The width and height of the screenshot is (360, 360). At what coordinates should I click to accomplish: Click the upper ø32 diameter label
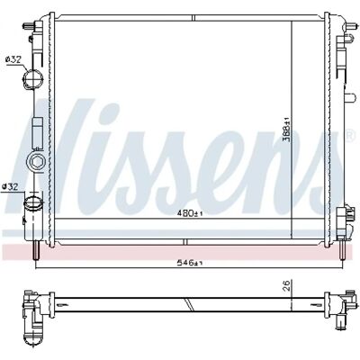(x=13, y=59)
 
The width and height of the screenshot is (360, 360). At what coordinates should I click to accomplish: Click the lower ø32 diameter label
(x=10, y=186)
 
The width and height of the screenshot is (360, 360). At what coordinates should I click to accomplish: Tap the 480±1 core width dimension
(x=190, y=213)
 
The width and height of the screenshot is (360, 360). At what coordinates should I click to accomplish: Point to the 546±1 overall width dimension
(x=190, y=263)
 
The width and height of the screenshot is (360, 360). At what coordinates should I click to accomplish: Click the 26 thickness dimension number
(x=286, y=285)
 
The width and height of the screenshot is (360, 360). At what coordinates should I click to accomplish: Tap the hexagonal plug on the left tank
(x=35, y=162)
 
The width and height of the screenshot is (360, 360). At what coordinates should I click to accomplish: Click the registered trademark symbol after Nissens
(x=350, y=135)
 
